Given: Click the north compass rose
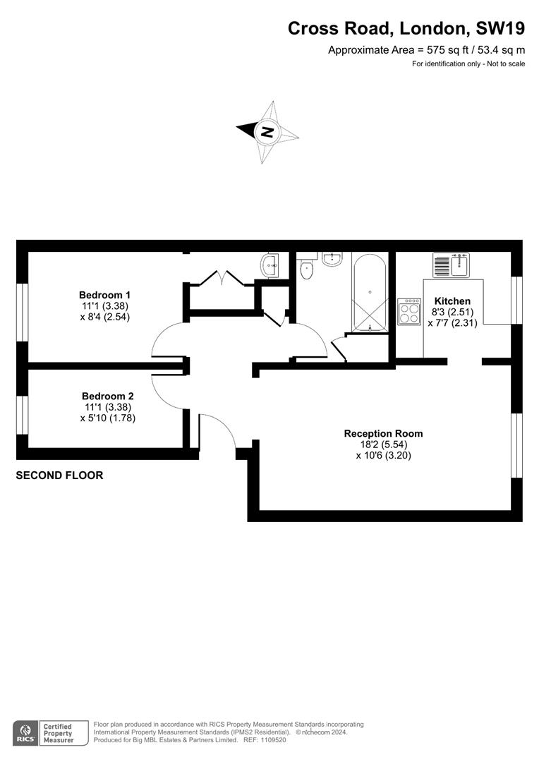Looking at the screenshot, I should [268, 131].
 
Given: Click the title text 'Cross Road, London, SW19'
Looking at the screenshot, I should [406, 28].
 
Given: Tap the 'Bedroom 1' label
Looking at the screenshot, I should [104, 295].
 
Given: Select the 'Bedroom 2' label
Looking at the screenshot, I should [107, 396].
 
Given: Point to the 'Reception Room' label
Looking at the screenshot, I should [383, 433].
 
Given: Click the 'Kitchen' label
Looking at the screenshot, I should [452, 301].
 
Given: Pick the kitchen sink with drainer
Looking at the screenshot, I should [451, 265].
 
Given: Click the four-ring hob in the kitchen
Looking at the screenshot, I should [408, 311].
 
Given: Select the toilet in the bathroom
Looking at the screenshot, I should [308, 269].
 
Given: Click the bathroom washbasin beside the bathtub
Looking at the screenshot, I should [332, 259].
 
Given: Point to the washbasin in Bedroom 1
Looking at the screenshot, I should [269, 265].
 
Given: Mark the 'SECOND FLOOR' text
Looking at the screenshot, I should [59, 476].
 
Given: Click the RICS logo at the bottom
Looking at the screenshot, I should [26, 732].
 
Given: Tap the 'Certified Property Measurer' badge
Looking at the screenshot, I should [59, 732].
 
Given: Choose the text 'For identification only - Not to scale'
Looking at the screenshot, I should [468, 64].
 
